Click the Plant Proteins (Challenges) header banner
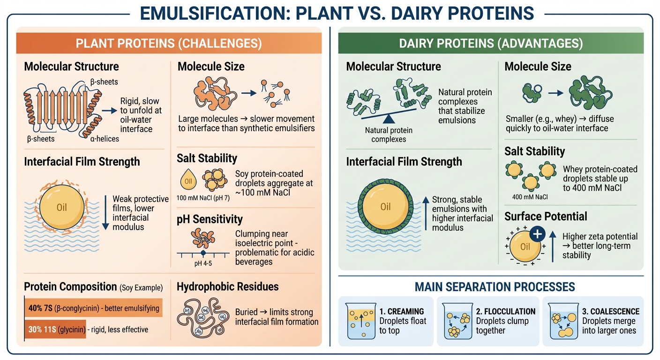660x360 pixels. click(x=169, y=44)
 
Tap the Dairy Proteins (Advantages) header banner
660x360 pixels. click(x=491, y=44)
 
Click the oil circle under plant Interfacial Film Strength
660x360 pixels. click(x=62, y=206)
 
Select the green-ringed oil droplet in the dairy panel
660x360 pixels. click(x=385, y=207)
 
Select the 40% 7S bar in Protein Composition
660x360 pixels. click(x=93, y=308)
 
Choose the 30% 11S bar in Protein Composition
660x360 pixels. click(x=55, y=330)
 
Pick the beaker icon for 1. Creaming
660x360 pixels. click(x=361, y=321)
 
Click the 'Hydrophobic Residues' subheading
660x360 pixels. click(x=227, y=287)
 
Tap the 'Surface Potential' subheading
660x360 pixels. click(x=546, y=217)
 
